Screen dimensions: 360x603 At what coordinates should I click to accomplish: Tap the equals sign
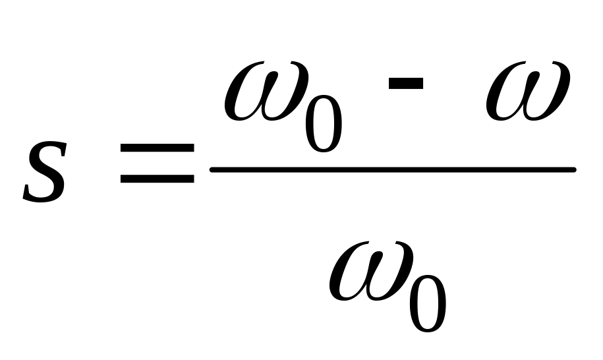pyautogui.click(x=157, y=162)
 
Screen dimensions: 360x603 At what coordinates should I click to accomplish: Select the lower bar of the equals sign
pyautogui.click(x=157, y=178)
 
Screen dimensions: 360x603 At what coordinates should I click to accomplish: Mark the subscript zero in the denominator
pyautogui.click(x=428, y=305)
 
